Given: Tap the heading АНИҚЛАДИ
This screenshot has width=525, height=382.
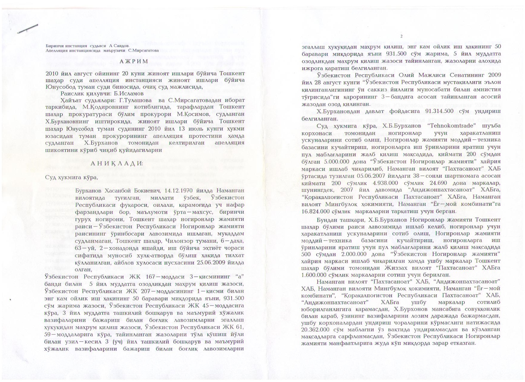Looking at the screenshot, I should pos(117,163).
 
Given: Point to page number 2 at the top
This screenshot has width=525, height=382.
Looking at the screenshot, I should pos(401,37).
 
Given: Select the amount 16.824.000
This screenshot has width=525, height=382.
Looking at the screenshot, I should pos(319,211).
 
